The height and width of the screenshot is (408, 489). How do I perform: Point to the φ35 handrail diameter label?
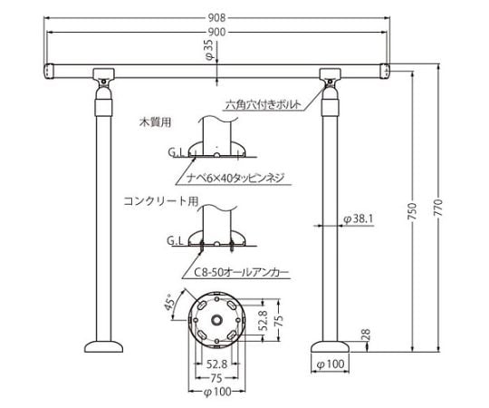coord(209,47)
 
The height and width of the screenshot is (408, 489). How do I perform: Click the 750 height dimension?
coord(412,210)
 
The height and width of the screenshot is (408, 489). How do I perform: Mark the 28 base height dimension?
coord(362,335)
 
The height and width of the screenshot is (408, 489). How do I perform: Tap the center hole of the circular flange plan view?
coord(216,320)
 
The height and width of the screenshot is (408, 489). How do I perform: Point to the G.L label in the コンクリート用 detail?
coord(175,241)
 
